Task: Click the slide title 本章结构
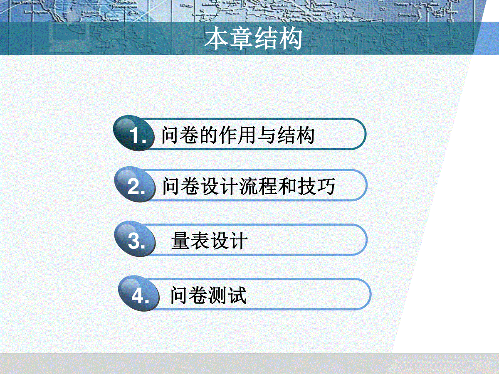pyautogui.click(x=253, y=38)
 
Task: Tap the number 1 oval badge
pyautogui.click(x=133, y=133)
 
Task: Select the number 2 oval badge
pyautogui.click(x=135, y=184)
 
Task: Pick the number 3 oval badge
pyautogui.click(x=135, y=239)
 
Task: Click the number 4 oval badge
pyautogui.click(x=138, y=293)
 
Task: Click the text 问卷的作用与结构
pyautogui.click(x=238, y=135)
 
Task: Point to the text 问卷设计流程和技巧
pyautogui.click(x=249, y=186)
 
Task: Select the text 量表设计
pyautogui.click(x=209, y=241)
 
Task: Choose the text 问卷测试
pyautogui.click(x=208, y=295)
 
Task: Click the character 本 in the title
pyautogui.click(x=216, y=38)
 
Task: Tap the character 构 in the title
pyautogui.click(x=291, y=38)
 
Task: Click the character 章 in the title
pyautogui.click(x=241, y=38)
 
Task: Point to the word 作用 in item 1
pyautogui.click(x=238, y=135)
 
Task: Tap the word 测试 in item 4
pyautogui.click(x=227, y=295)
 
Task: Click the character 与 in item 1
pyautogui.click(x=267, y=135)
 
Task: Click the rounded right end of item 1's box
pyautogui.click(x=365, y=134)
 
